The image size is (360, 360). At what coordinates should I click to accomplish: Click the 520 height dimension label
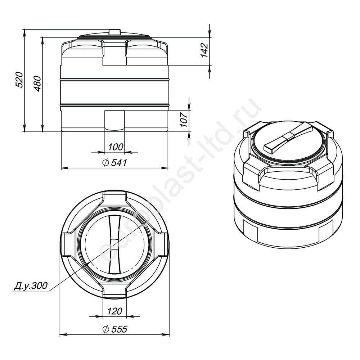pos(19,80)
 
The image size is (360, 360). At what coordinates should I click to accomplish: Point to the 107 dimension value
pos(184,120)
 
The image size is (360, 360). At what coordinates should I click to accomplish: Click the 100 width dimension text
pos(116,147)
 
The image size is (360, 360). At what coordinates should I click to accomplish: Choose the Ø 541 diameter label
pos(115,163)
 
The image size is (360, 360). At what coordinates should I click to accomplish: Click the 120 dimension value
pos(114,311)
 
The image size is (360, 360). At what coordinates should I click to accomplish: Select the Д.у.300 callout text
pos(31,286)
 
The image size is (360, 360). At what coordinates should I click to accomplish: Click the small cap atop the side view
pos(114,32)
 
